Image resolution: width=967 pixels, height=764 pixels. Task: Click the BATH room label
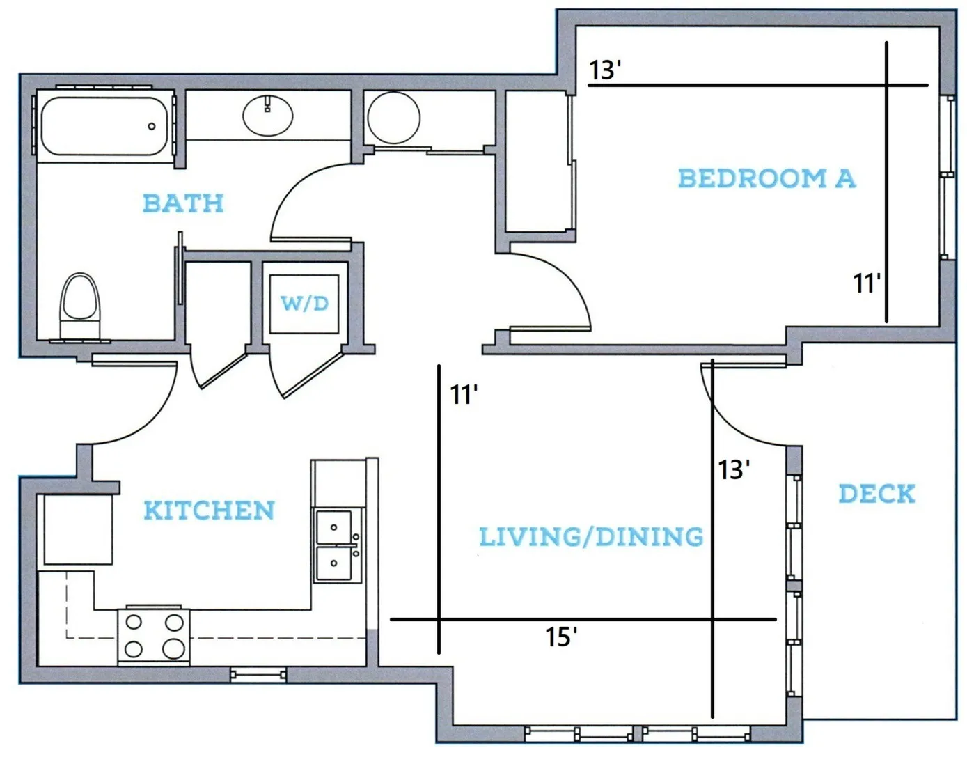pos(183,203)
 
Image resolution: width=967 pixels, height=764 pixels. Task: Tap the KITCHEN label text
pos(210,510)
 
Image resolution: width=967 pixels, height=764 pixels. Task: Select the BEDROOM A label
pos(767,178)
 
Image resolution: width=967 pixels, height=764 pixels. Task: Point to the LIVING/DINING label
pos(591,536)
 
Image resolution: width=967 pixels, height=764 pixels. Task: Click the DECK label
pos(877,494)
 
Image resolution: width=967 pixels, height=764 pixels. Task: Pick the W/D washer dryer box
pos(304,304)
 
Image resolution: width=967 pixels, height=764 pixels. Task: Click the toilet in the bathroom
pos(80,305)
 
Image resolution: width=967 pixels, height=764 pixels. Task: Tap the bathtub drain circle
pos(152,126)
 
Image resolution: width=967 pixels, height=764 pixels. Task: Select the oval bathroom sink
pos(268,116)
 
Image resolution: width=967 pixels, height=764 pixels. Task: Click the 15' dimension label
pos(561,637)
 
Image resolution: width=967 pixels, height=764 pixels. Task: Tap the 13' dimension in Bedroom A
pos(605,70)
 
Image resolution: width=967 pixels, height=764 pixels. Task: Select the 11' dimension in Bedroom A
pos(867,283)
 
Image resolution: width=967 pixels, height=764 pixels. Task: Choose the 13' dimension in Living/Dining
pos(734,470)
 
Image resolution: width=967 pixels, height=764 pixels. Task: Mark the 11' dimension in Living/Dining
pos(464,395)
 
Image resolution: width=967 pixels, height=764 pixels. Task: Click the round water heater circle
pos(393,118)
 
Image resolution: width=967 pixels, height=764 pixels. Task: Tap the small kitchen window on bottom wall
pos(258,675)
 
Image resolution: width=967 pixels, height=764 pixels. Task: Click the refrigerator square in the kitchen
pos(78,529)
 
